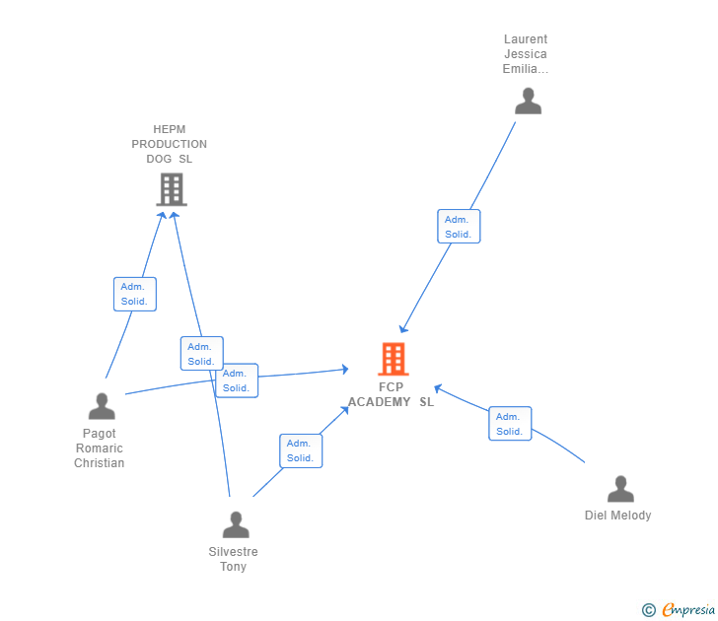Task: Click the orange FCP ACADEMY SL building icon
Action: [393, 360]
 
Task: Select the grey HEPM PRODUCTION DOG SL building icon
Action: [172, 189]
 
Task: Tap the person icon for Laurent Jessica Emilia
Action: [528, 101]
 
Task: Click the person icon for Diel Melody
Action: [619, 489]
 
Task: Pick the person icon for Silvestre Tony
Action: [235, 524]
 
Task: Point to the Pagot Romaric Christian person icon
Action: [102, 406]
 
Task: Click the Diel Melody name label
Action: [617, 516]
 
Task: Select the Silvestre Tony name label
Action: [234, 559]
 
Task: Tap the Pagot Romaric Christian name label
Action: [100, 448]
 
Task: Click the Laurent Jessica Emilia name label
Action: [526, 54]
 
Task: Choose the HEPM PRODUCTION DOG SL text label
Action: [170, 144]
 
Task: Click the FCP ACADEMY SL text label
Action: [391, 395]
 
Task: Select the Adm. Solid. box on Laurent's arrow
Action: [459, 227]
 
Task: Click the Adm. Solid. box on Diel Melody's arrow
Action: [510, 424]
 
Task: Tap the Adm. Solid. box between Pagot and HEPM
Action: [134, 294]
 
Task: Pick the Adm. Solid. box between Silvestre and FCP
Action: [300, 450]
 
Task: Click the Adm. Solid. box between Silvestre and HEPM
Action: [201, 354]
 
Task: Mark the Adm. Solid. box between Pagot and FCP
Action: [237, 380]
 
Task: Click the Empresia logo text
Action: [687, 610]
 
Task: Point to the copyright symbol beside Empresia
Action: [648, 610]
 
